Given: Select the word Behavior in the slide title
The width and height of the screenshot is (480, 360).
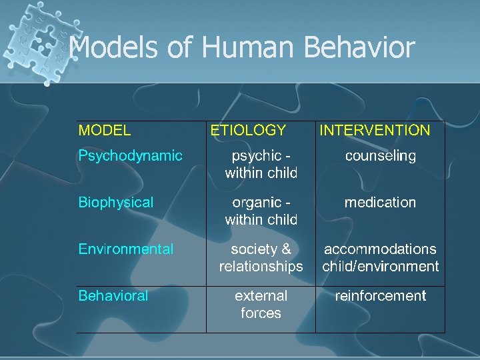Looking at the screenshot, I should tap(359, 48).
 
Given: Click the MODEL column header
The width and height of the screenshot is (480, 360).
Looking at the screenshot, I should tap(105, 131).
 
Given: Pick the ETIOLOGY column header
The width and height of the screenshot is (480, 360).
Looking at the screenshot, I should tap(248, 131).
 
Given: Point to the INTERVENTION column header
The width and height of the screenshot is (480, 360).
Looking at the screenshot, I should tap(375, 131).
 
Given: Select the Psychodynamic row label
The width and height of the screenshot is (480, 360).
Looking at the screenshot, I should tap(130, 156).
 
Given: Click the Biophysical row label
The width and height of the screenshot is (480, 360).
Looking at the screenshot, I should tap(116, 203).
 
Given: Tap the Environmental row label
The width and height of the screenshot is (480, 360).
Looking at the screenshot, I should tap(126, 249).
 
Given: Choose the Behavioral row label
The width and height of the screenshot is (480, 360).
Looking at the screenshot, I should tap(113, 296).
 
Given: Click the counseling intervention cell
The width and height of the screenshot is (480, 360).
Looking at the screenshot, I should tap(380, 156).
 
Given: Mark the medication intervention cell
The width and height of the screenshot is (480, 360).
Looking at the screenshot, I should tap(380, 203).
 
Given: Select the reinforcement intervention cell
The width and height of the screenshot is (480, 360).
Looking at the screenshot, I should tap(380, 296).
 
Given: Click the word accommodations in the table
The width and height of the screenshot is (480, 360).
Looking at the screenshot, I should tap(380, 249).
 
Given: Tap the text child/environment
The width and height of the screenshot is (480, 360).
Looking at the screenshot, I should tap(381, 267).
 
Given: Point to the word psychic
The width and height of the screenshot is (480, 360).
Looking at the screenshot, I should tap(256, 156).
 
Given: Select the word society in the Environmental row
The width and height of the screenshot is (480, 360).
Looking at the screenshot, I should tap(253, 249).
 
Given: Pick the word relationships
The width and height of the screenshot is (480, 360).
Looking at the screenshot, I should tap(261, 267).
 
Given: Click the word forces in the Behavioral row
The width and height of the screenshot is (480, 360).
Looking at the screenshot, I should tap(261, 313).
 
